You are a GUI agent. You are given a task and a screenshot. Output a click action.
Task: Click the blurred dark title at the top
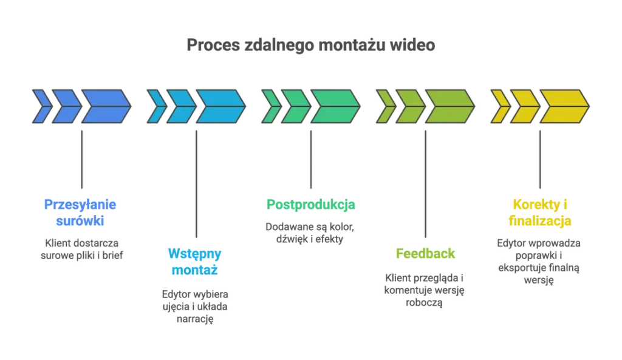tap(310, 45)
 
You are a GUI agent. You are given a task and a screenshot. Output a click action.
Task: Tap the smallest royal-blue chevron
tap(41, 106)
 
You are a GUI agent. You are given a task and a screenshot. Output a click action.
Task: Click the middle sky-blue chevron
tap(180, 106)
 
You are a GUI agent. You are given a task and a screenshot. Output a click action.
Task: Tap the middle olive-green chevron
tap(410, 106)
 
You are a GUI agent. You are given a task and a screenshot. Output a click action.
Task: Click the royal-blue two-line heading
tap(80, 212)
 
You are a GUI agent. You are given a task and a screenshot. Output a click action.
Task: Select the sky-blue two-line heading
tap(194, 261)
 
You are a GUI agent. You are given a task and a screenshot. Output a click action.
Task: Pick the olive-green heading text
tap(425, 253)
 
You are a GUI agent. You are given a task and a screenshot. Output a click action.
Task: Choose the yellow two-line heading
tap(541, 212)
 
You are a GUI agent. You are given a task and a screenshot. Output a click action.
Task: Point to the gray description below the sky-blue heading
tap(194, 306)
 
